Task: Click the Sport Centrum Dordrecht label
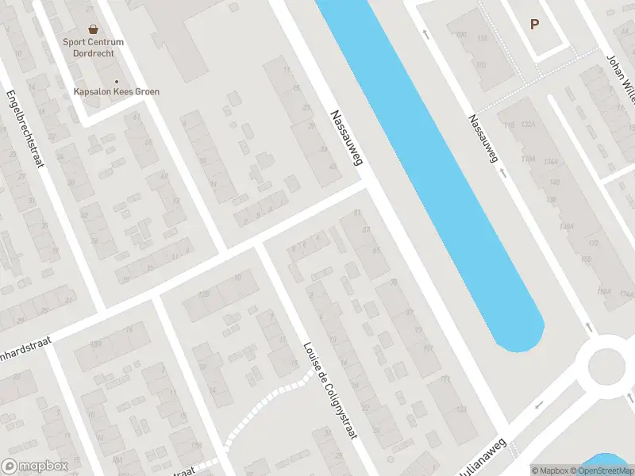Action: (94, 48)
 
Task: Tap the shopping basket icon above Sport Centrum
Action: (94, 29)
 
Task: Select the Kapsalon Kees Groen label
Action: (117, 92)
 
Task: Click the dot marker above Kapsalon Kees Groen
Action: (117, 81)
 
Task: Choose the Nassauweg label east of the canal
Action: (483, 139)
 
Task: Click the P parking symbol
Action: (534, 24)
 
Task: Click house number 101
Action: (428, 348)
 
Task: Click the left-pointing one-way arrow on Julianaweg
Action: (539, 405)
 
